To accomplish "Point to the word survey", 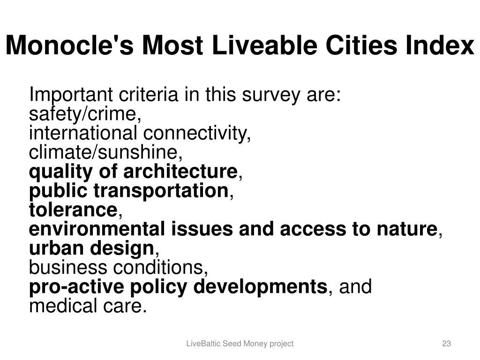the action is coord(270,95).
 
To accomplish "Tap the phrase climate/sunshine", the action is coord(104,152).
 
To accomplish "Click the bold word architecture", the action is coord(180,171).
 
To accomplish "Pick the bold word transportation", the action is coord(161,190).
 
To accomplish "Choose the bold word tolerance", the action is coord(73,210).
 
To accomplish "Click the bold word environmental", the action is coord(97,229).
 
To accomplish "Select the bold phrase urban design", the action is coord(91,248).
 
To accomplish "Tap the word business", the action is coord(67,267).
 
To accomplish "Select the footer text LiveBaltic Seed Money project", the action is coord(240,344).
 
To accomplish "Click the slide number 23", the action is coord(446,344).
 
